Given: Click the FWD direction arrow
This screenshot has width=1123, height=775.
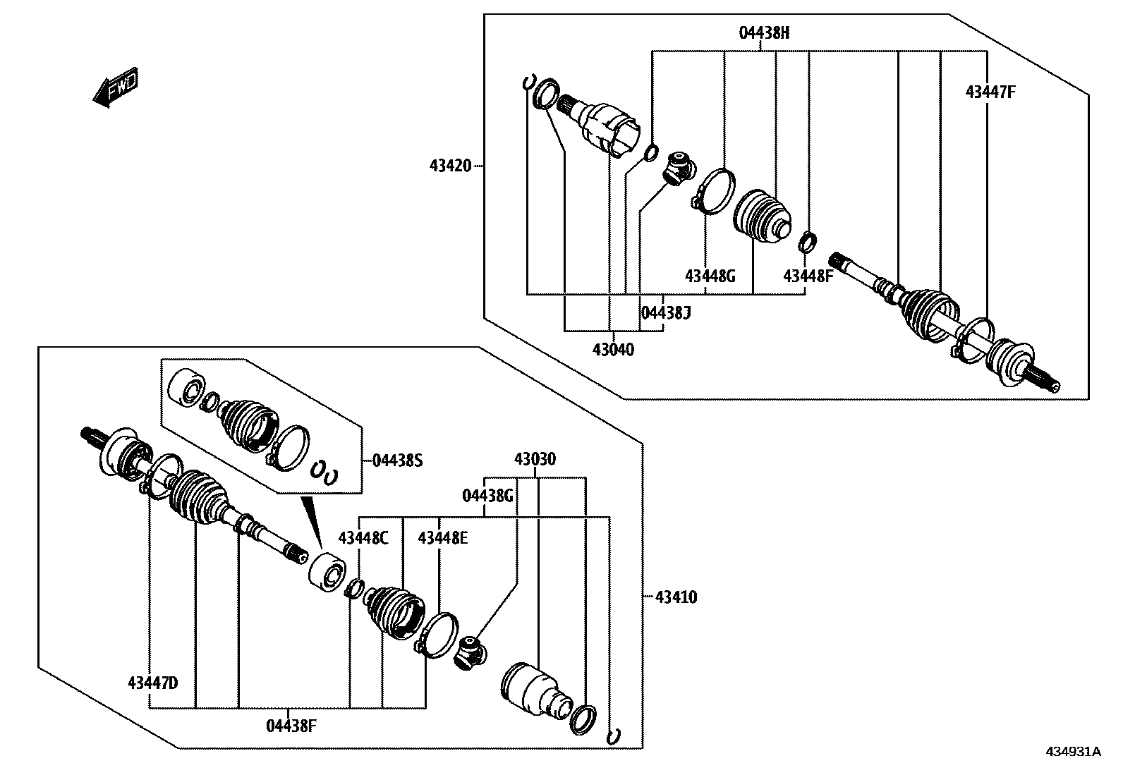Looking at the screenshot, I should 115,87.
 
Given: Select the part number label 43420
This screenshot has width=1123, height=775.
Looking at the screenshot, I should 450,166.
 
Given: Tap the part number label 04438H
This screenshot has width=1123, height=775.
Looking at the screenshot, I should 764,33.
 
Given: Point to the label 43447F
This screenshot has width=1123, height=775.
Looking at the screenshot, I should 990,92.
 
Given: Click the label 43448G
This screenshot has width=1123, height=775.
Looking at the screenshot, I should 710,276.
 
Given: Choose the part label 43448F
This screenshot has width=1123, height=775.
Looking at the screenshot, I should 808,276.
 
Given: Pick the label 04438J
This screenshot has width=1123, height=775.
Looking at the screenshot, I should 665,312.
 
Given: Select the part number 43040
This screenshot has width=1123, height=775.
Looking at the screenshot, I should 613,349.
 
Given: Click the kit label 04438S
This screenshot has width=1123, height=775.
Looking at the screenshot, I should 397,460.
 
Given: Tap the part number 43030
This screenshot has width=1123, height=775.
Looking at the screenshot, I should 535,460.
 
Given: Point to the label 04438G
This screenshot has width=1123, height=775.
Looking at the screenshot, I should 487,496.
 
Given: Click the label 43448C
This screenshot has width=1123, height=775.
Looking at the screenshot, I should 363,538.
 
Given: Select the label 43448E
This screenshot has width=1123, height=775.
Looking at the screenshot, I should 442,538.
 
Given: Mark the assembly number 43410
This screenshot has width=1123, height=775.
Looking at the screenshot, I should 676,597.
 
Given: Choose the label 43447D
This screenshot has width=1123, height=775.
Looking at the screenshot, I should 152,683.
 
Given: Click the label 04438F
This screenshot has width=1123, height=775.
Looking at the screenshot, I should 291,725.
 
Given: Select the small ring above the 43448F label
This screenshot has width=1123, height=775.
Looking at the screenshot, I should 808,241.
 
